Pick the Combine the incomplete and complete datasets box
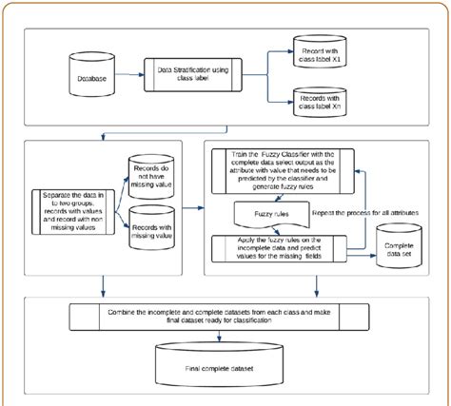[225, 319]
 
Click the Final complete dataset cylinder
[225, 365]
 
